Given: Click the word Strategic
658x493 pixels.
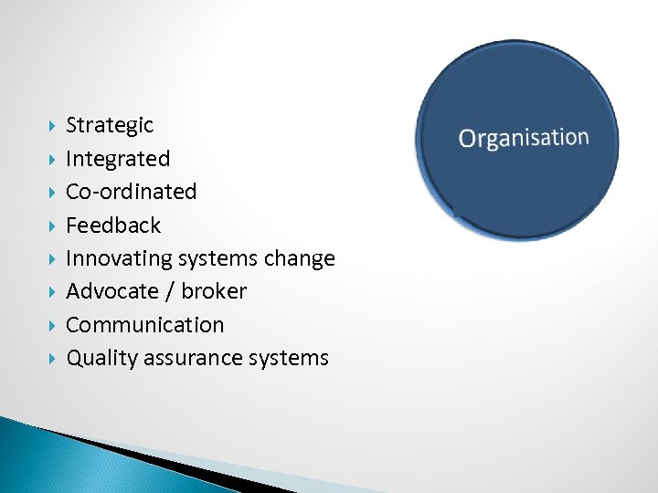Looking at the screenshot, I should [110, 126].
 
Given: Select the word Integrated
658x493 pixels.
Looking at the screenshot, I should [118, 160].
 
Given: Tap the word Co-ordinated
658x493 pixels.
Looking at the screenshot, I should [131, 192].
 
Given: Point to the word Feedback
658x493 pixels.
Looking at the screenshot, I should [113, 226].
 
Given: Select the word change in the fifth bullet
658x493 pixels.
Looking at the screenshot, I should [299, 259].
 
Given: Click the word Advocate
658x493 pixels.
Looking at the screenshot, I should [111, 291].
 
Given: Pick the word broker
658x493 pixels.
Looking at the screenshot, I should [214, 291].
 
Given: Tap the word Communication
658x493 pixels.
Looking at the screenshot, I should [144, 325].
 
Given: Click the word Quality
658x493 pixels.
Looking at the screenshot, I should [100, 359].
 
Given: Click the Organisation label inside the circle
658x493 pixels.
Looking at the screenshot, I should [524, 138].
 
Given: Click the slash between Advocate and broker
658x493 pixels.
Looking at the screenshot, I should [168, 291].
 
